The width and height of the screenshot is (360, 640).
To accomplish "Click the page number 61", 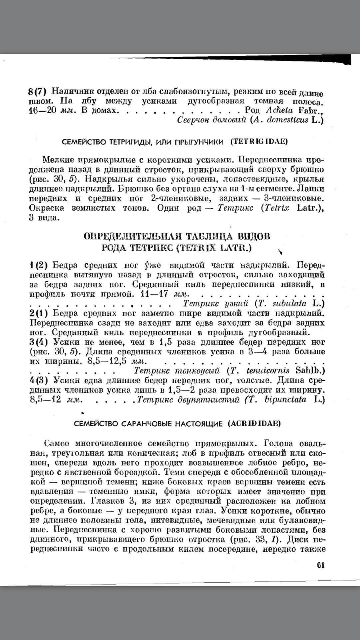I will point(321,565).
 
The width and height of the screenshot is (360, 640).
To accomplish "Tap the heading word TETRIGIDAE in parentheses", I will point(259,142).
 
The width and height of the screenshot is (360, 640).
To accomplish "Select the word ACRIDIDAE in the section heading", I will point(254,424).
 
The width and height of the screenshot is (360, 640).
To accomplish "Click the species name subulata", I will point(289,304).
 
